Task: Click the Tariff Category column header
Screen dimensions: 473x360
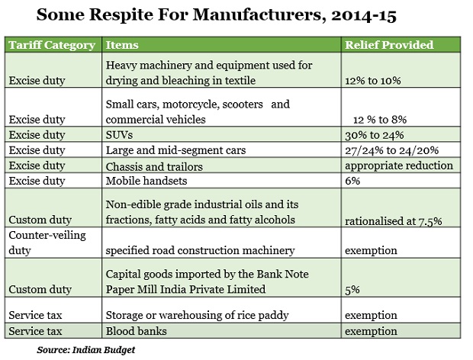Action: [x=52, y=45]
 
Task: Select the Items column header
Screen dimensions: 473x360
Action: [x=122, y=45]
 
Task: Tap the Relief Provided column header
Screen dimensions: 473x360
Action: [x=389, y=45]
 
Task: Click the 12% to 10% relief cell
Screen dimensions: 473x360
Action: [x=373, y=81]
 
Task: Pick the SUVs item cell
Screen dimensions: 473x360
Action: [x=119, y=135]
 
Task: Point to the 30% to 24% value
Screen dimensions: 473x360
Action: [x=375, y=135]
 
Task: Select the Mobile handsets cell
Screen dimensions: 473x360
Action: [x=146, y=181]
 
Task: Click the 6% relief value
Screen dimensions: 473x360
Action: [x=352, y=181]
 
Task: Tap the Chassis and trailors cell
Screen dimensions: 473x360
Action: [x=154, y=166]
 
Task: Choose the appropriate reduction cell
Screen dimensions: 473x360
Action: [x=399, y=166]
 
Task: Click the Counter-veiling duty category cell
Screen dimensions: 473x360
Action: [x=47, y=243]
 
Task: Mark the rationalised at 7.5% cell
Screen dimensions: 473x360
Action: [x=394, y=221]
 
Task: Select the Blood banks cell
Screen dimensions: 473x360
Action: [x=136, y=331]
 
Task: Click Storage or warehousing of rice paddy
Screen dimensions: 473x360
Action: [x=198, y=315]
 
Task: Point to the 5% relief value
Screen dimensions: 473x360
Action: [x=352, y=290]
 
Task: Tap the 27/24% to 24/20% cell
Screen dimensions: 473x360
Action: [x=392, y=150]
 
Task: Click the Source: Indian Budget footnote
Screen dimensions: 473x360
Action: [x=86, y=350]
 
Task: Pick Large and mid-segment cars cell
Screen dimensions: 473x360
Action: [x=176, y=150]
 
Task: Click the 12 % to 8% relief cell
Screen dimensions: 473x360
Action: [x=380, y=120]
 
